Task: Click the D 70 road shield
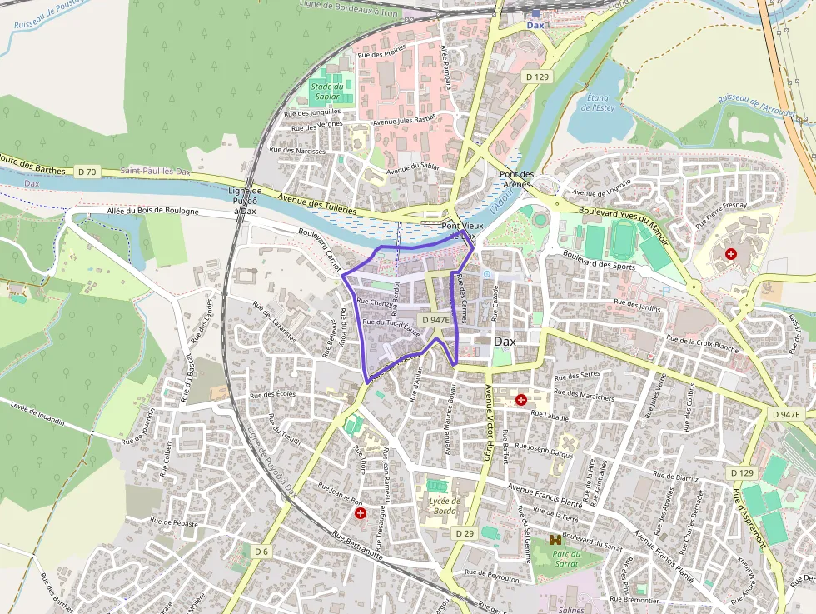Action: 87,172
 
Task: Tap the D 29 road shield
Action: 465,532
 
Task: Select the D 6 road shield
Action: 261,552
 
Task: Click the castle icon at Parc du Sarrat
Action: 556,542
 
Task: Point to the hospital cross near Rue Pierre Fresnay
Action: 731,253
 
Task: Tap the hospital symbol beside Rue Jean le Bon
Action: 361,514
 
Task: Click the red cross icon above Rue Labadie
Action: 521,399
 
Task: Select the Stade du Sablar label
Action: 326,91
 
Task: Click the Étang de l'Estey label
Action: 597,103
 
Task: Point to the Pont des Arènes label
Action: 516,179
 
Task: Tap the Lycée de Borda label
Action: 445,506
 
